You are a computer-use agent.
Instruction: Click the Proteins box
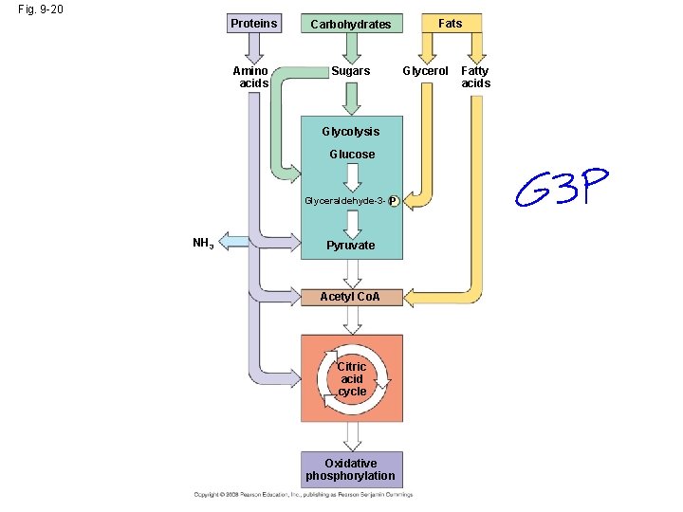click(254, 23)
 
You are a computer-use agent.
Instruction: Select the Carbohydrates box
click(351, 24)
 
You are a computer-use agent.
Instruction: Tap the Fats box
click(451, 23)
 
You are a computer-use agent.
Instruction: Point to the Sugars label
click(351, 71)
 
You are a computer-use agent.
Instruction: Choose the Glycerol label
click(426, 71)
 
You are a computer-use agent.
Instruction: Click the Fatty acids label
click(475, 77)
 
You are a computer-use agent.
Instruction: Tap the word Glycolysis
click(350, 132)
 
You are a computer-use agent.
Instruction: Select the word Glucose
click(351, 155)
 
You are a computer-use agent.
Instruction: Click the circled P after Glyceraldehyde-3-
click(392, 201)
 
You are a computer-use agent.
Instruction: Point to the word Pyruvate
click(351, 246)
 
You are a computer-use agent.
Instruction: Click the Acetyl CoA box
click(351, 297)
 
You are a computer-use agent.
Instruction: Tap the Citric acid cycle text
click(352, 378)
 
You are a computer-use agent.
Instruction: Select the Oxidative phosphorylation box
click(351, 469)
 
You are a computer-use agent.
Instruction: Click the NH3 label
click(202, 244)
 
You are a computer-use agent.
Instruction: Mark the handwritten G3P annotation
click(562, 189)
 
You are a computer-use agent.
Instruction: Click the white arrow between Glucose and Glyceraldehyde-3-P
click(351, 177)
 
